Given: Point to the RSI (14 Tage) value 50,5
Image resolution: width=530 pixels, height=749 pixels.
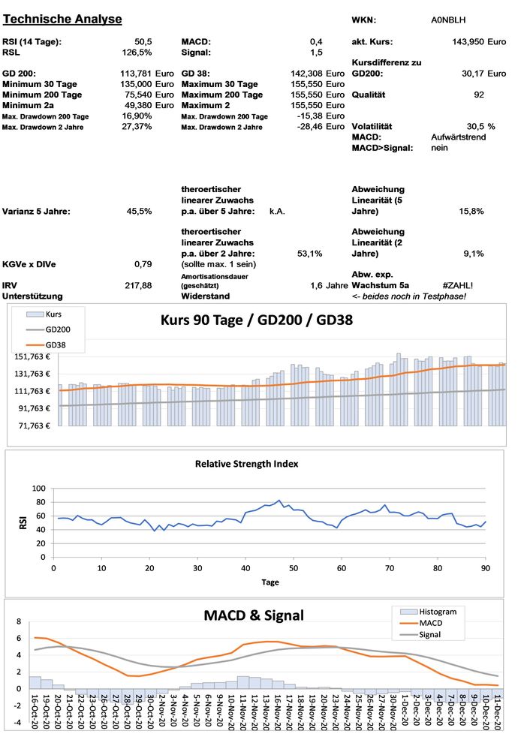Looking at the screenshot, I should [143, 42].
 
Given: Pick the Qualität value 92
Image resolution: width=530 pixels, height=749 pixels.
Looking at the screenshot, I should [478, 95].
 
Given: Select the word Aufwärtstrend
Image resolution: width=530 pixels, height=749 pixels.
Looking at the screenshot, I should [459, 137].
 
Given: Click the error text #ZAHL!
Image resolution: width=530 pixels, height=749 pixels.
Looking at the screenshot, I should [458, 286].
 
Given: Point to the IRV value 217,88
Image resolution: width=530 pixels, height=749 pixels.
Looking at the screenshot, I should [139, 286].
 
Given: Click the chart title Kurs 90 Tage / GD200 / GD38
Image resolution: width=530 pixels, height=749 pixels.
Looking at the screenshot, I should [257, 320].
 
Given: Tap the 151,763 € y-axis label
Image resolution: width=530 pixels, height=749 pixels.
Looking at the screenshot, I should [32, 356].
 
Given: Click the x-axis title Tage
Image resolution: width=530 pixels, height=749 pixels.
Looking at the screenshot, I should [270, 582].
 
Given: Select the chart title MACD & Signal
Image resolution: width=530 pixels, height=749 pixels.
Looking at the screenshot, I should [254, 615].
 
